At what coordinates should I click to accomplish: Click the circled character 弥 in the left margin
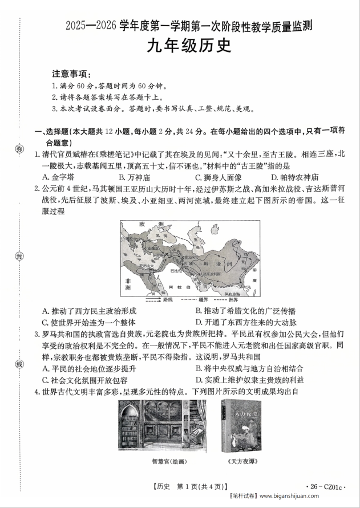[19, 149]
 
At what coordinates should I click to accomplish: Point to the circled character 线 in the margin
[19, 364]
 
